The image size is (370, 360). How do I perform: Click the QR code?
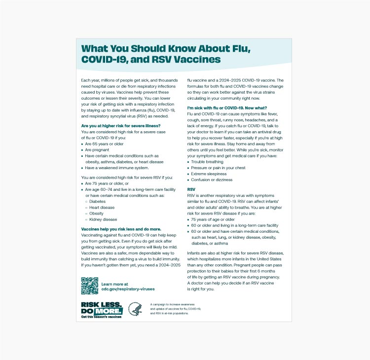89,286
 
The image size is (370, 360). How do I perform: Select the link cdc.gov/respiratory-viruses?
127,289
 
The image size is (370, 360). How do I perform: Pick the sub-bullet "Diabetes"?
98,201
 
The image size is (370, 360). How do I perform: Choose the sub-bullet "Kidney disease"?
103,219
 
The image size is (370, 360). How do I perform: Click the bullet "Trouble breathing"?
207,162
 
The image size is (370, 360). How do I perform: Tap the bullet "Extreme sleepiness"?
209,174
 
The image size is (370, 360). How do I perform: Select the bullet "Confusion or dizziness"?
213,180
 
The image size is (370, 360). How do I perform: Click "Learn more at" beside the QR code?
114,284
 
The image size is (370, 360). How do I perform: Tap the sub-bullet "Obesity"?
96,214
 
